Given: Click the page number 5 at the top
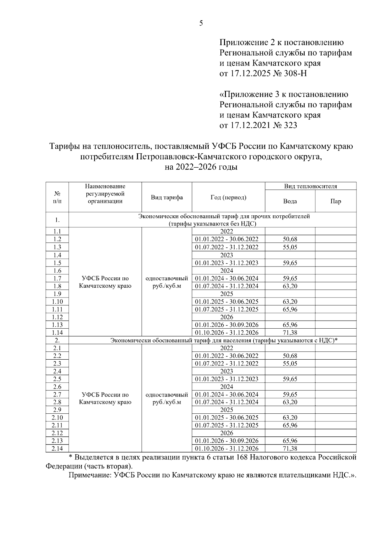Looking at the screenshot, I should (201, 23).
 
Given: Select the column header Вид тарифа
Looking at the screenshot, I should (167, 197).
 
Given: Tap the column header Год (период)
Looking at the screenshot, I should (228, 197).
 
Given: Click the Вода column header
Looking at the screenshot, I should (290, 201).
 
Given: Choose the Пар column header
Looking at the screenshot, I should (336, 201).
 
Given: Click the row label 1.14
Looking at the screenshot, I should (57, 333).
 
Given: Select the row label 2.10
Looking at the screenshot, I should (57, 418).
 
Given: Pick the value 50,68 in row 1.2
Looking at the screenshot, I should (290, 239).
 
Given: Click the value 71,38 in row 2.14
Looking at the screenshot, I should (290, 449).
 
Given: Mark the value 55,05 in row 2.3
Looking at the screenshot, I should (290, 364).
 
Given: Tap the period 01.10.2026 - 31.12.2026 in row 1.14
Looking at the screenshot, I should (227, 333).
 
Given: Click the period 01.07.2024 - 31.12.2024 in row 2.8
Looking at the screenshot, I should (227, 402).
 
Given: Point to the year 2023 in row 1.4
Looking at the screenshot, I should (227, 255).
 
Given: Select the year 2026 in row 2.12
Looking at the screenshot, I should (227, 433).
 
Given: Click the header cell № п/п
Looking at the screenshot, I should (57, 197).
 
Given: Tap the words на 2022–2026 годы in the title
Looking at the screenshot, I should (201, 167).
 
